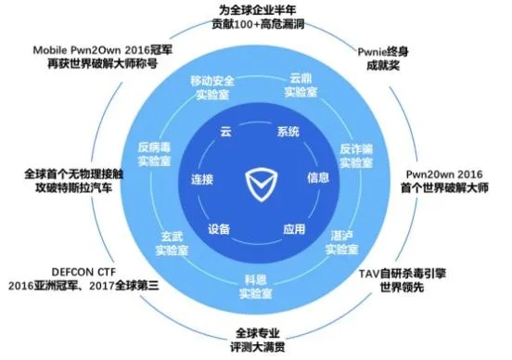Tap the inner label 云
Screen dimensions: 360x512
tap(224, 132)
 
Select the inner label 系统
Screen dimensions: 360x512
tap(288, 132)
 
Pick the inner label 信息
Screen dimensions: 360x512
tap(318, 177)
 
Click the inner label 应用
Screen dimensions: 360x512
tap(294, 228)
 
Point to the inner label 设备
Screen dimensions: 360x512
tap(219, 228)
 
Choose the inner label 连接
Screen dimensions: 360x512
tap(202, 178)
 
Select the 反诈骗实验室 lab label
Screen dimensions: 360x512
tap(356, 156)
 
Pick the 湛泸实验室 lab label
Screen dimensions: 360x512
tap(344, 243)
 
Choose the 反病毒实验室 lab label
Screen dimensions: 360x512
tap(155, 154)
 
